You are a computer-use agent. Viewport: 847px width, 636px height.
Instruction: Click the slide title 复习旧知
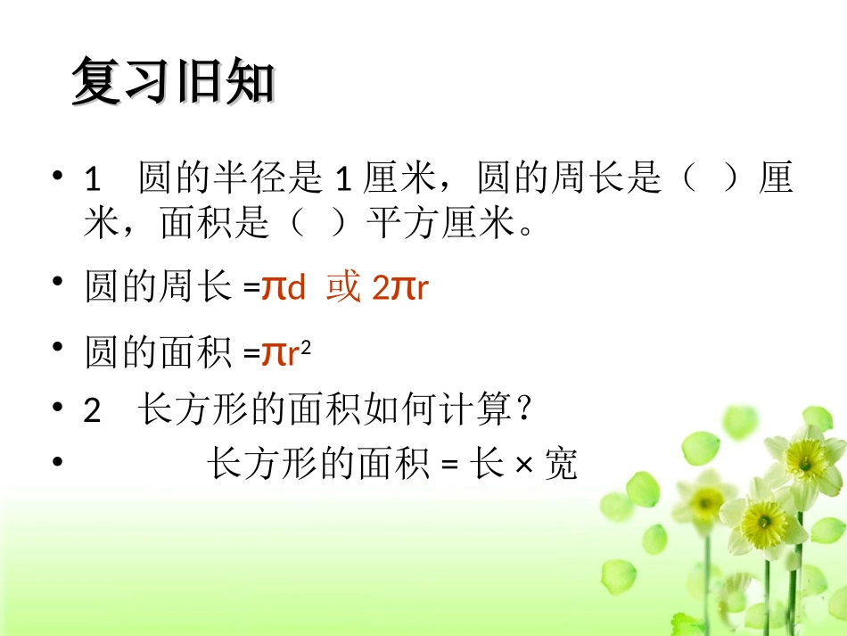coord(173,82)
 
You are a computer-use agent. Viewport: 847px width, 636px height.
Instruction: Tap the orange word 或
coord(343,287)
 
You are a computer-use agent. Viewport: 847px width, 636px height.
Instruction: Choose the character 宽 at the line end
coord(561,464)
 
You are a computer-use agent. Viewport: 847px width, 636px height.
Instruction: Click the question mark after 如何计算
coord(525,410)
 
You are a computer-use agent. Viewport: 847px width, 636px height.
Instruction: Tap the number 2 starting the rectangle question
coord(93,411)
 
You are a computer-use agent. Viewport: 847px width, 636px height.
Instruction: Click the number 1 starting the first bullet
coord(93,180)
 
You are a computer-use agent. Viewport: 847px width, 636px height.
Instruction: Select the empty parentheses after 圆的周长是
coord(709,179)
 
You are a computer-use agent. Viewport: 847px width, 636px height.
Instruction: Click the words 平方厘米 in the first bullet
coord(441,224)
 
